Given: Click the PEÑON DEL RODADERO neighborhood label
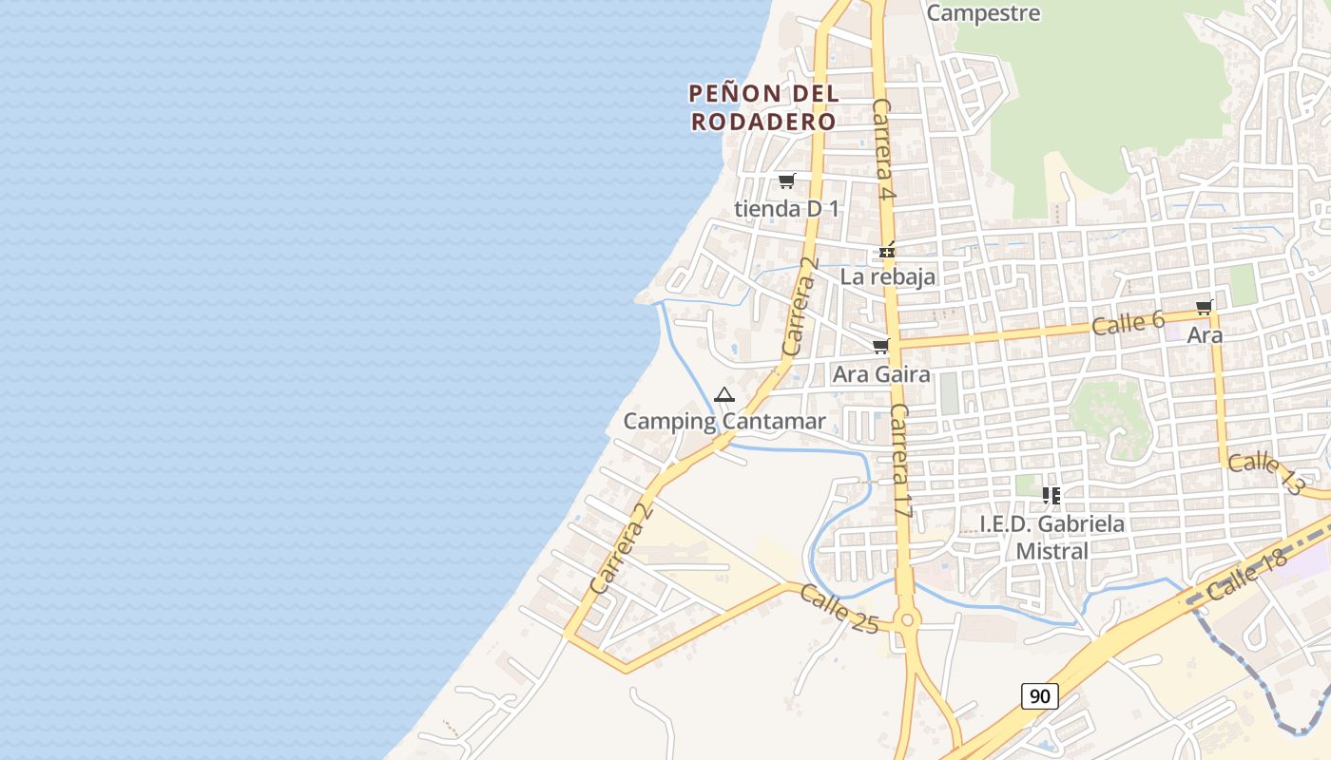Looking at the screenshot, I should [x=763, y=107].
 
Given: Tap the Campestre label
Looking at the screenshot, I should [x=982, y=13].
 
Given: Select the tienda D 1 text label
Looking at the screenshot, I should [x=786, y=208].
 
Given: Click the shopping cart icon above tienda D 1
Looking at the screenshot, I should [x=786, y=181].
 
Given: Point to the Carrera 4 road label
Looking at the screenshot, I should [x=884, y=149].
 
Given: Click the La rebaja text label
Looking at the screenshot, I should [x=888, y=276].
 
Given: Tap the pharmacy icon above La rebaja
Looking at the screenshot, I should [x=887, y=252].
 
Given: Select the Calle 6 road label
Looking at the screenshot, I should [x=1128, y=322].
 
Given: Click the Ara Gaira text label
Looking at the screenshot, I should [x=881, y=374].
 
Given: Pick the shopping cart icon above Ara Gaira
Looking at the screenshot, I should [x=881, y=347].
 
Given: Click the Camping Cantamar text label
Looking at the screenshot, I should [x=724, y=421].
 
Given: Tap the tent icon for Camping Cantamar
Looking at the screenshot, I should [x=724, y=394].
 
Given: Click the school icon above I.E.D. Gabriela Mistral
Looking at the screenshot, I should [x=1051, y=496].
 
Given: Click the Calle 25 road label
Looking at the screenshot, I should [x=839, y=609].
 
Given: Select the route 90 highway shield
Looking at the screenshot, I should [x=1040, y=696].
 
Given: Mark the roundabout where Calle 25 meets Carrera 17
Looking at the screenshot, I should [x=907, y=621].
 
